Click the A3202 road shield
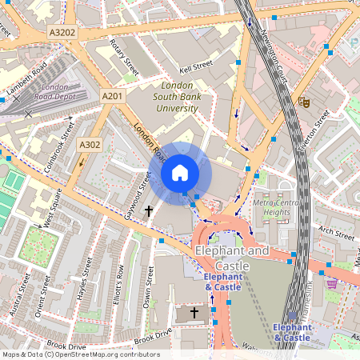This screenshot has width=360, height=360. [x=62, y=33]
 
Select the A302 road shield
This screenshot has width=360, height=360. [x=89, y=145]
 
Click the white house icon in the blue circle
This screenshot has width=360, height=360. [x=180, y=173]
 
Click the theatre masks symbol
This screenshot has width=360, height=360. [x=303, y=102]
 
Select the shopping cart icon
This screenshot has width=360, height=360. [x=331, y=283]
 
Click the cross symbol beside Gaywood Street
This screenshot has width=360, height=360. [x=149, y=211]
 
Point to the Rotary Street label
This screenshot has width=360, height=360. [x=124, y=53]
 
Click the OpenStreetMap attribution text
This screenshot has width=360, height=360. [x=80, y=354]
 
